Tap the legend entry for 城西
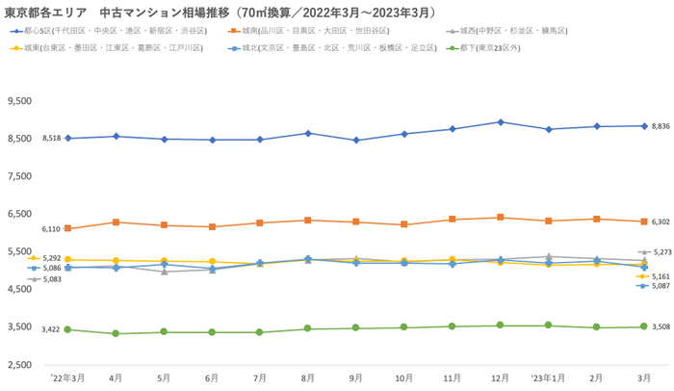[519, 31]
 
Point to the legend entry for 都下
[501, 46]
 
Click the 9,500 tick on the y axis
[20, 101]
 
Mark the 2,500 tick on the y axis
[20, 365]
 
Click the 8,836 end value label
[661, 126]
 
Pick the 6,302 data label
[661, 222]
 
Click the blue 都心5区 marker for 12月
[500, 122]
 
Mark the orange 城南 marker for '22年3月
[67, 228]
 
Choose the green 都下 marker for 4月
[116, 333]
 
